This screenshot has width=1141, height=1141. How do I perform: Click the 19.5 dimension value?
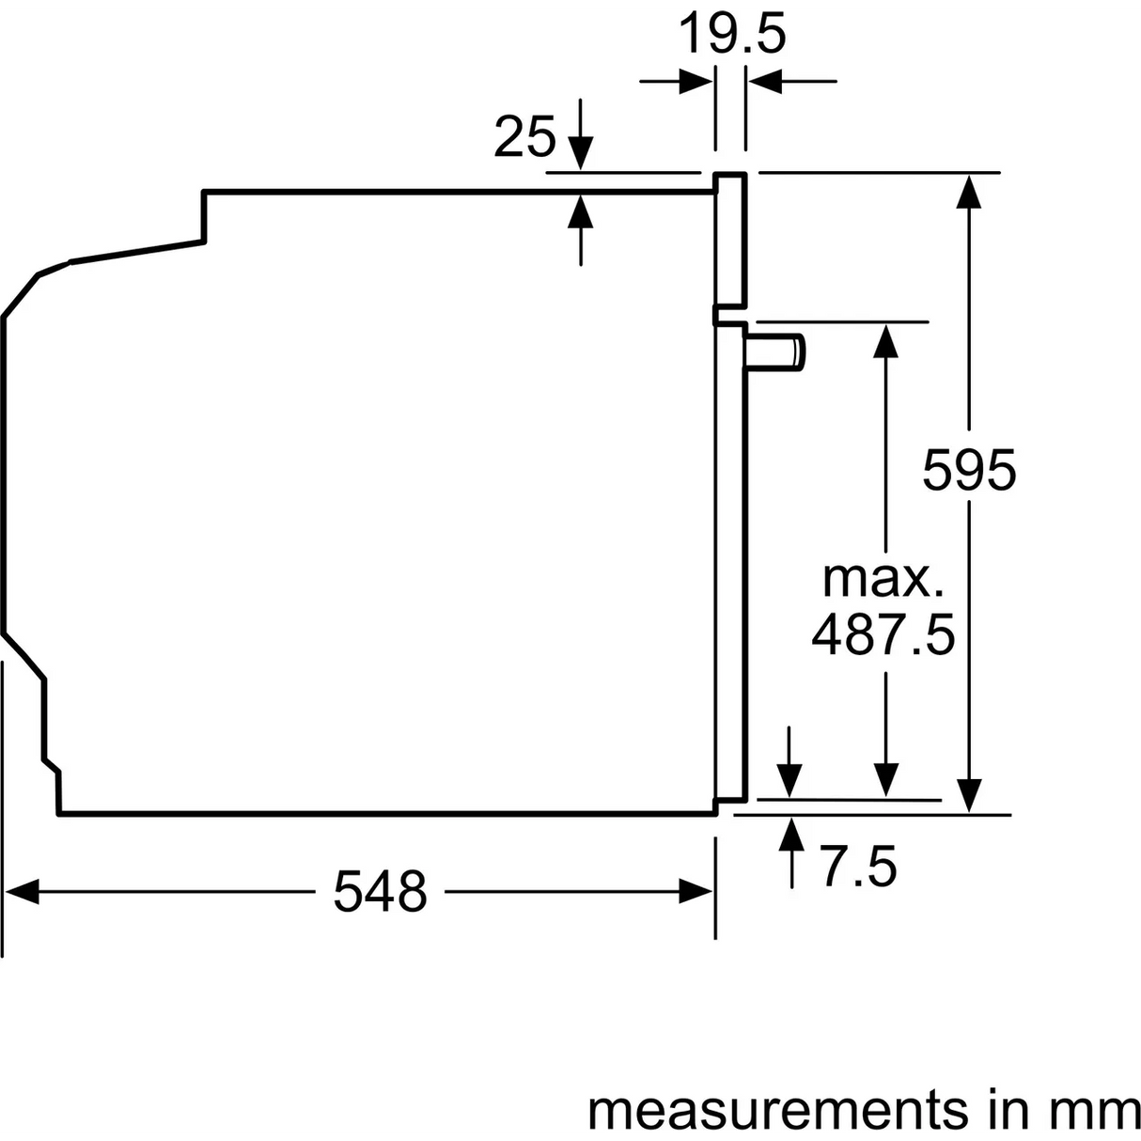pos(732,35)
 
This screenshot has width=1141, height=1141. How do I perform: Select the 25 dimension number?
pos(525,137)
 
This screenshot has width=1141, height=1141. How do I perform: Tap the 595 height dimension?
pos(969,470)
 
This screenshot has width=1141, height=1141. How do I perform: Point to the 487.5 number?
pos(883,635)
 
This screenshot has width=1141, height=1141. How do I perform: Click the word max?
pos(883,580)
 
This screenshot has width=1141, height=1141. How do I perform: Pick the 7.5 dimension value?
pos(859,867)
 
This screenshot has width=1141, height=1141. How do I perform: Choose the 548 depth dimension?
pos(380,891)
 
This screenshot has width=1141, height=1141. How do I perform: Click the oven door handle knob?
pos(774,352)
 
